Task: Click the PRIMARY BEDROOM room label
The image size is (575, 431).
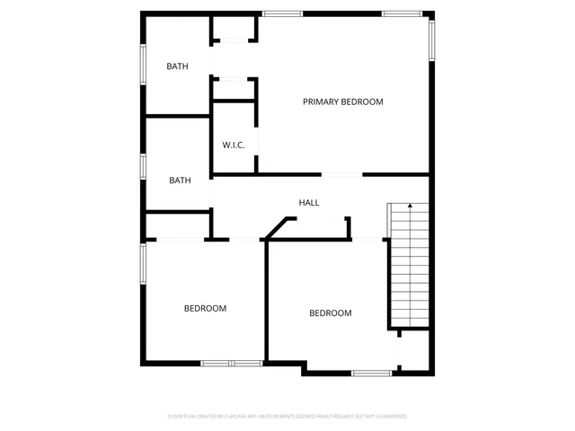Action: [342, 101]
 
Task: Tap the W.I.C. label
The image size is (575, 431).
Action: [234, 145]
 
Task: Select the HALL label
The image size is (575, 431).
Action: [309, 203]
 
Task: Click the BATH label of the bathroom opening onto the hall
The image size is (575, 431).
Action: [180, 180]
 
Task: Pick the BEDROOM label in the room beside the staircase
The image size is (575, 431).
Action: [330, 313]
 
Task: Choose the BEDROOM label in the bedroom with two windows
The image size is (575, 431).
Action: [205, 308]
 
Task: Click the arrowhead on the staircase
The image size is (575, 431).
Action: [410, 207]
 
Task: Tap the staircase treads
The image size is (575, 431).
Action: [409, 269]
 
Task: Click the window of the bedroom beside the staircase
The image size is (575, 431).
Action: [371, 373]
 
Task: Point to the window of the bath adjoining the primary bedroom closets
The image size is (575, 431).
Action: [142, 65]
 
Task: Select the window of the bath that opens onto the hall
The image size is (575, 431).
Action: [142, 166]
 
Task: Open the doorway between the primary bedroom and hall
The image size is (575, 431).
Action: [342, 174]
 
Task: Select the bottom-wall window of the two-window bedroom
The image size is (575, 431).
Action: [231, 364]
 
